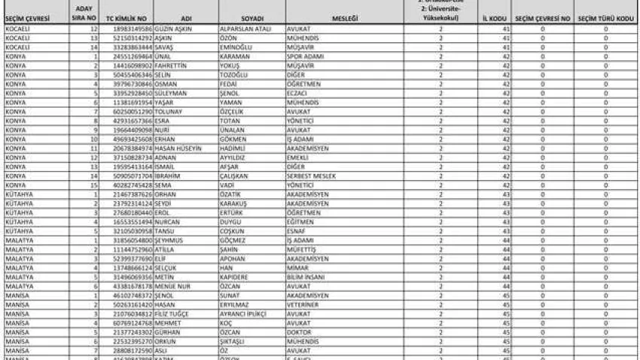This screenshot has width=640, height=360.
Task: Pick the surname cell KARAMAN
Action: click(233, 56)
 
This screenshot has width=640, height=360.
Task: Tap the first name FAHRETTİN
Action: click(174, 66)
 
